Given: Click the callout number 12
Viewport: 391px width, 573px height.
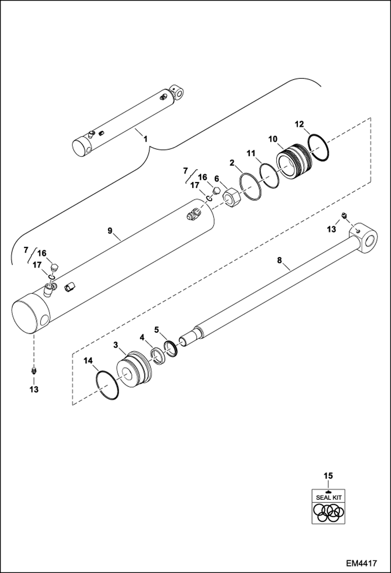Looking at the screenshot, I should [299, 124].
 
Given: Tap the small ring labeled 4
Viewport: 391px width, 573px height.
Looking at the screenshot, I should [158, 356].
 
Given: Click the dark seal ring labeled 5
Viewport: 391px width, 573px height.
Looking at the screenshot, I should [171, 349].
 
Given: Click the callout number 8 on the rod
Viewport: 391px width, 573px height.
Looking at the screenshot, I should [280, 260].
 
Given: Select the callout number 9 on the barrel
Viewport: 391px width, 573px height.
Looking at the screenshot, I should [110, 231].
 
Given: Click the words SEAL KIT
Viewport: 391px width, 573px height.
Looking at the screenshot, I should [329, 498].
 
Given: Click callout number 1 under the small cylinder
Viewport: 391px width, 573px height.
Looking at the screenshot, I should [145, 139].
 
